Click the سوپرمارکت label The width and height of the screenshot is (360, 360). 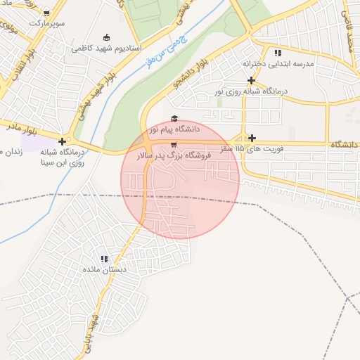46,23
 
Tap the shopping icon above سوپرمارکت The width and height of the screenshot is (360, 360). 46,13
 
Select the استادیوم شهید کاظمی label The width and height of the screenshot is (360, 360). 107,49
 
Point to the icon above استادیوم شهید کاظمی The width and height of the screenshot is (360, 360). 107,38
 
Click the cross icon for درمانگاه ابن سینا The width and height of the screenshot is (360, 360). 63,141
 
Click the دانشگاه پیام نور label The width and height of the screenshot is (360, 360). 174,129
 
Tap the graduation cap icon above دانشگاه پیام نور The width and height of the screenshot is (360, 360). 174,118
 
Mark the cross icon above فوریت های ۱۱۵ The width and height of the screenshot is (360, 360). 252,137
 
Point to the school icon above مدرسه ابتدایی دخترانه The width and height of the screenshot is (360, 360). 278,53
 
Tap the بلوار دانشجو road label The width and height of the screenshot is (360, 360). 191,76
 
